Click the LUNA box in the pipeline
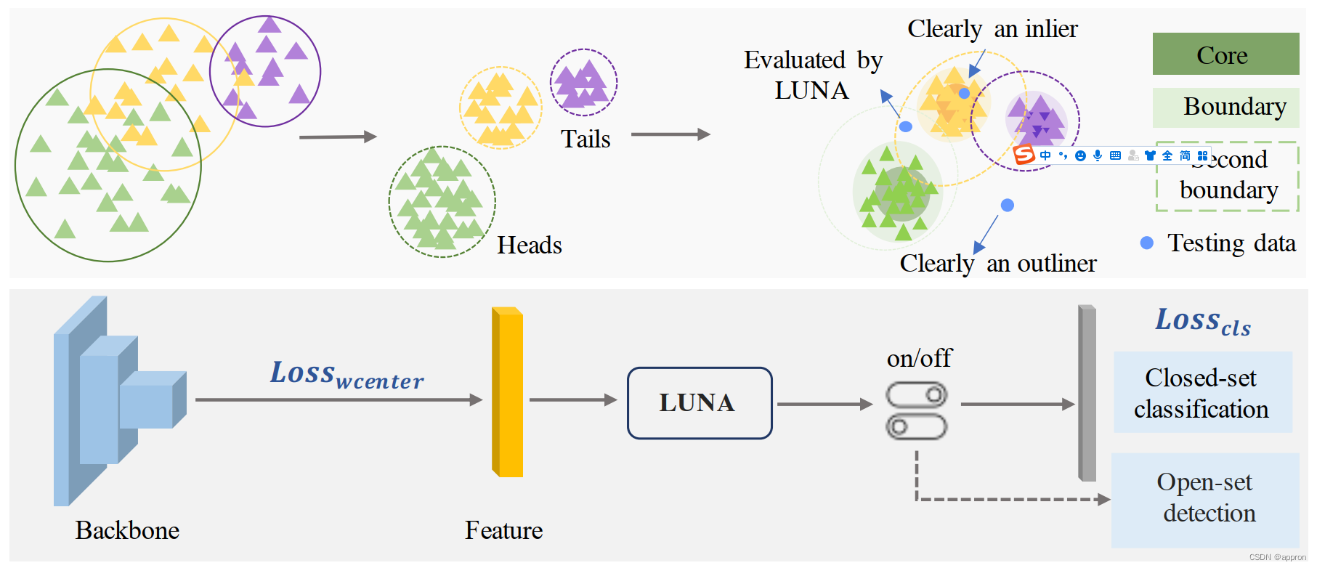pos(699,403)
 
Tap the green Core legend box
pos(1225,54)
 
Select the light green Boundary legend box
pos(1225,107)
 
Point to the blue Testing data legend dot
pos(1146,243)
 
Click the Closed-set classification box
pos(1201,393)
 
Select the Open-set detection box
pos(1205,498)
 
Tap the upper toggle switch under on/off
pos(916,395)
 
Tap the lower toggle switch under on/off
pos(916,426)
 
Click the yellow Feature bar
pos(508,392)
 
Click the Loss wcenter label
pos(347,374)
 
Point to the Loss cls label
pos(1202,320)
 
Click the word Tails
pos(585,139)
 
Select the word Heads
pos(529,246)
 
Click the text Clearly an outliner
pos(997,263)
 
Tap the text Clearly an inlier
pos(992,29)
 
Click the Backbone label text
pos(127,530)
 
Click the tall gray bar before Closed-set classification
pos(1087,393)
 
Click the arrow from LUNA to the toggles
pos(824,405)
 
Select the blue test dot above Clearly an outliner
pos(1007,206)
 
